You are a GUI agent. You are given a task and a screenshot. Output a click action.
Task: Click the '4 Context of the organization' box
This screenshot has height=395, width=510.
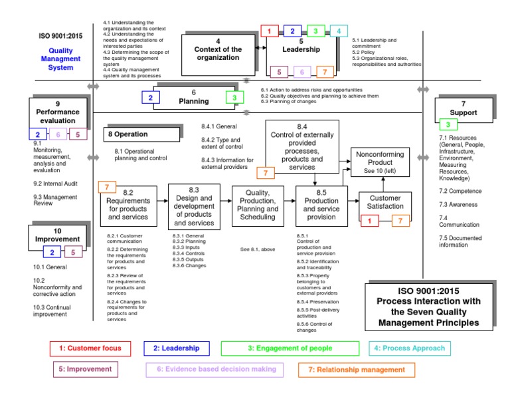(217, 53)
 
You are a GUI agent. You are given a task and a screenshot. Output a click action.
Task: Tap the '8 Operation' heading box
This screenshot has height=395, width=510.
(141, 134)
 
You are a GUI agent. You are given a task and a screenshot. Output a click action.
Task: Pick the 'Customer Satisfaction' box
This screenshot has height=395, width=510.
(385, 201)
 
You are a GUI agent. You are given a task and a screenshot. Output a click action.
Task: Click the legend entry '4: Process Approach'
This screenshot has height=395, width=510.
(410, 348)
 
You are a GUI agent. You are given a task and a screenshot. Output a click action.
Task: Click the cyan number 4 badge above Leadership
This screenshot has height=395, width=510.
(339, 31)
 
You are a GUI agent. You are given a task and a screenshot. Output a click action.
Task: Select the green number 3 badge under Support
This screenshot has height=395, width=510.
(448, 124)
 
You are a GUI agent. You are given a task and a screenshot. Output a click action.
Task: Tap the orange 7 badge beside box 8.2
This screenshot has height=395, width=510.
(107, 188)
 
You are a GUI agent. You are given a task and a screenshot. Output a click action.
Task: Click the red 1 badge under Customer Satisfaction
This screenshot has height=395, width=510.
(373, 221)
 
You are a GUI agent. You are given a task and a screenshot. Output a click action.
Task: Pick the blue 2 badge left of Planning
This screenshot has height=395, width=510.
(151, 98)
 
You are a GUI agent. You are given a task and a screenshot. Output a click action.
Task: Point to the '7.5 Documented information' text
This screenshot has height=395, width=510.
(462, 241)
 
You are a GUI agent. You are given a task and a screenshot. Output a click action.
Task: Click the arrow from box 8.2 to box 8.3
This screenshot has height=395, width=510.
(162, 203)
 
